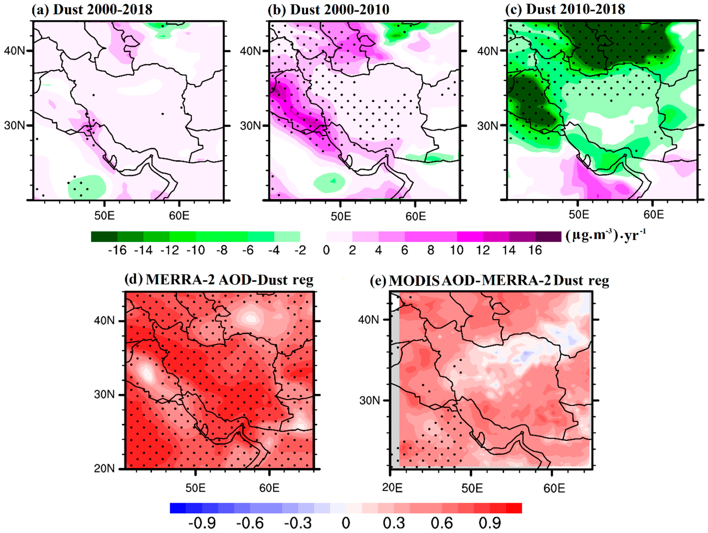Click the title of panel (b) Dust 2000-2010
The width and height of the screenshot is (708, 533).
click(x=329, y=10)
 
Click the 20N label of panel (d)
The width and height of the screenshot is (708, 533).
click(x=104, y=469)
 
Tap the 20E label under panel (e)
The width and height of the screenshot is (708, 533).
click(x=392, y=488)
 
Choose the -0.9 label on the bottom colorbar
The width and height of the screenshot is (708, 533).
click(x=202, y=523)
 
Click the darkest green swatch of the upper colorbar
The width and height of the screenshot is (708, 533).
click(x=104, y=237)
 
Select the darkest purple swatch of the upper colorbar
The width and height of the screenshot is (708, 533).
click(x=548, y=237)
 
